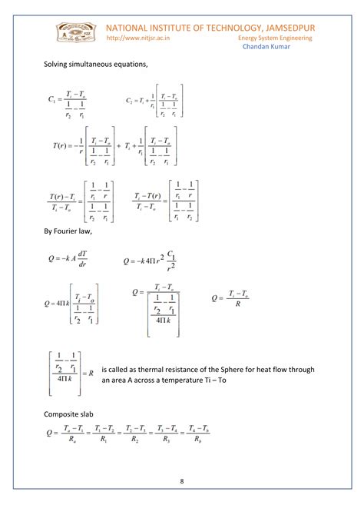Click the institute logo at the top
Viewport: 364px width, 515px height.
[x=74, y=33]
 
